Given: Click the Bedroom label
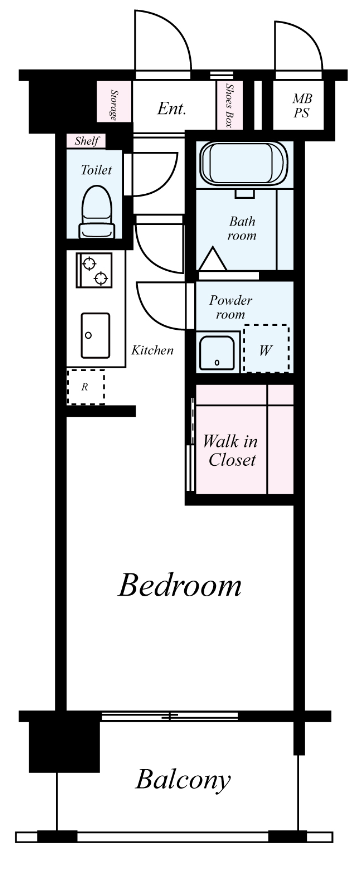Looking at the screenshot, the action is [x=180, y=585].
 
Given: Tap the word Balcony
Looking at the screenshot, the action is [x=183, y=779].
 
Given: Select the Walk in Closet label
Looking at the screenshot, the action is [x=230, y=450].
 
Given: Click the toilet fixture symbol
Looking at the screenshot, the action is [x=97, y=212].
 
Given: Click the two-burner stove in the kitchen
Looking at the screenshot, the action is [x=94, y=270].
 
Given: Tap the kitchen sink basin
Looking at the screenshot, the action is [x=95, y=335].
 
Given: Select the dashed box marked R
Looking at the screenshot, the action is [x=86, y=386].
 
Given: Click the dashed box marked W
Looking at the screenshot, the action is [x=267, y=349].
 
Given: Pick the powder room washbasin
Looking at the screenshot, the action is [x=218, y=353].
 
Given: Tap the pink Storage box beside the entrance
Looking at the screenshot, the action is [x=114, y=105].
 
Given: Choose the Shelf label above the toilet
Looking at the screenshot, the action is [x=86, y=141].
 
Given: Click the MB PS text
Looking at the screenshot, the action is [x=302, y=105].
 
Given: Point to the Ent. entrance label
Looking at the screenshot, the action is [x=171, y=108].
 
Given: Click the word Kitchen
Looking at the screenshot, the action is [x=152, y=351].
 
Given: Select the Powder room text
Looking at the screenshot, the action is [x=230, y=306].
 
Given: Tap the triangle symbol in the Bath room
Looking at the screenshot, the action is [x=214, y=260].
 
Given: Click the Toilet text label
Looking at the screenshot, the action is [x=96, y=170].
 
